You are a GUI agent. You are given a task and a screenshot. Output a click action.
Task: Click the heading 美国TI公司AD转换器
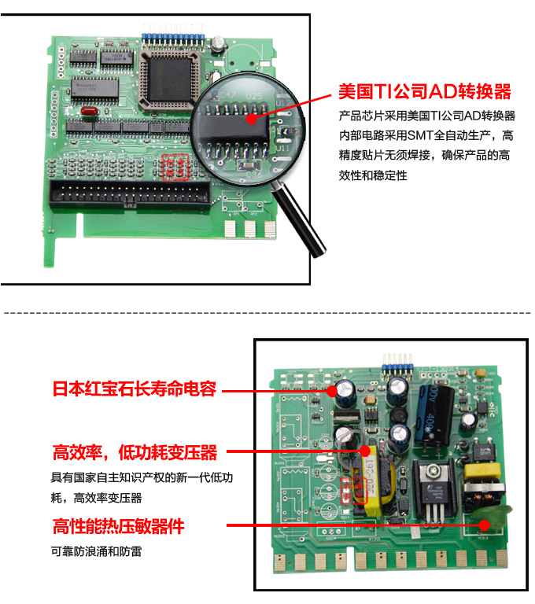coord(424,91)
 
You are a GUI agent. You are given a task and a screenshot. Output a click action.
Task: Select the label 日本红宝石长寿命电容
coord(134,389)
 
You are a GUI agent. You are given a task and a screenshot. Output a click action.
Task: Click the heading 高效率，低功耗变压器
coord(135,453)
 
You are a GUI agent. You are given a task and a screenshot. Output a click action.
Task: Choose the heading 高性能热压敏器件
coord(124,525)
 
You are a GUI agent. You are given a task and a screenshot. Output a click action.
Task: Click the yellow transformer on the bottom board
coord(367,480)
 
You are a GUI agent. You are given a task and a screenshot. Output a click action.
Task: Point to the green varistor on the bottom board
coord(490,522)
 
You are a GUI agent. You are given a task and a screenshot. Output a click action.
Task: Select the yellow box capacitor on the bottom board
coord(480,474)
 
